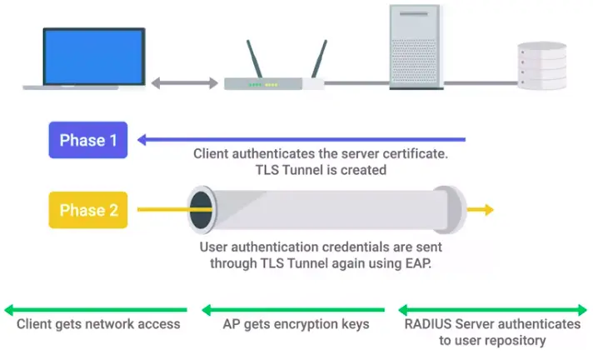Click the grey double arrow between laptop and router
pyautogui.click(x=184, y=83)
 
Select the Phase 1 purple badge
pyautogui.click(x=87, y=140)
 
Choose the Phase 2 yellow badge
pyautogui.click(x=87, y=209)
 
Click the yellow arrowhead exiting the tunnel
pyautogui.click(x=485, y=210)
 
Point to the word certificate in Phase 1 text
pyautogui.click(x=407, y=154)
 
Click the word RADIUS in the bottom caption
pyautogui.click(x=429, y=324)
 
